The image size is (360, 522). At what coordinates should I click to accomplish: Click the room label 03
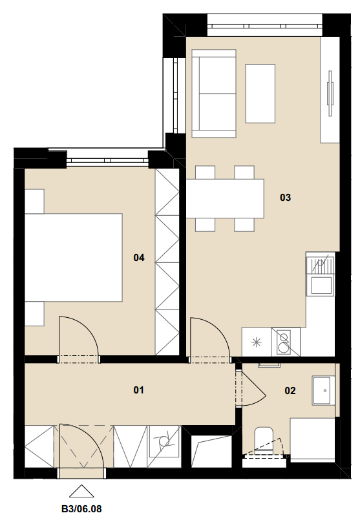pyautogui.click(x=285, y=198)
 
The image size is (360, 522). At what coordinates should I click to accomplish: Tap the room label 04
pyautogui.click(x=139, y=257)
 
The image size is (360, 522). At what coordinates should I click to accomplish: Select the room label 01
pyautogui.click(x=138, y=390)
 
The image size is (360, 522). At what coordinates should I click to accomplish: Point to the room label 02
pyautogui.click(x=290, y=390)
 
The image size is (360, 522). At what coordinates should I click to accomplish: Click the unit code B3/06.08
pyautogui.click(x=81, y=509)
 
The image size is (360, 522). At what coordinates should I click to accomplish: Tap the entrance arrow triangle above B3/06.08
pyautogui.click(x=81, y=491)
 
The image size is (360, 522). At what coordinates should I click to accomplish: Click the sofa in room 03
pyautogui.click(x=214, y=94)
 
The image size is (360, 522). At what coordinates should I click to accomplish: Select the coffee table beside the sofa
pyautogui.click(x=260, y=94)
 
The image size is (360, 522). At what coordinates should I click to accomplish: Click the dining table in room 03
pyautogui.click(x=225, y=198)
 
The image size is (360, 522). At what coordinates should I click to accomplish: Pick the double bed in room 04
pyautogui.click(x=74, y=258)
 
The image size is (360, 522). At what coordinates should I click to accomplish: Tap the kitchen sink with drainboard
pyautogui.click(x=321, y=274)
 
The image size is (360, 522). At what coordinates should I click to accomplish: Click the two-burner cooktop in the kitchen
pyautogui.click(x=286, y=342)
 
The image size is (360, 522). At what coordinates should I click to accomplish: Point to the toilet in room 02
pyautogui.click(x=264, y=439)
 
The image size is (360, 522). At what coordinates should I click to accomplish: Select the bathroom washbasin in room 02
pyautogui.click(x=323, y=390)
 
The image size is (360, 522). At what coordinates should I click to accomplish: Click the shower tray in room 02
pyautogui.click(x=312, y=440)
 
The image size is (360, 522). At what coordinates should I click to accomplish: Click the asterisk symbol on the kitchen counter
pyautogui.click(x=257, y=342)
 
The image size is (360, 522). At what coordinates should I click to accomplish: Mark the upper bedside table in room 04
pyautogui.click(x=35, y=202)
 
